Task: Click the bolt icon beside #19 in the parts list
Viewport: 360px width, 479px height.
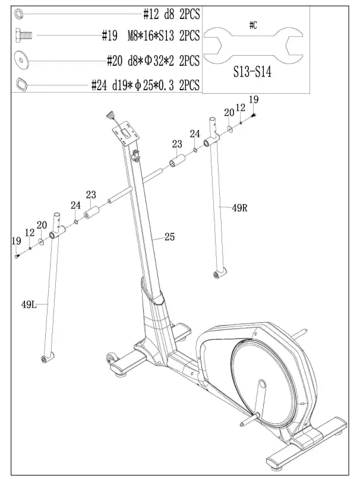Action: click(23, 34)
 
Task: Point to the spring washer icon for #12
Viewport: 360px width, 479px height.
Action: click(19, 14)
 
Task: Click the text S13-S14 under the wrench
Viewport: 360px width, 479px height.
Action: click(252, 72)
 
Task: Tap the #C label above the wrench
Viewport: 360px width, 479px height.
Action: click(253, 25)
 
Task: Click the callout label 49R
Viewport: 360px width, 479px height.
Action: click(239, 208)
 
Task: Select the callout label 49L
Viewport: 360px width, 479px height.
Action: click(29, 304)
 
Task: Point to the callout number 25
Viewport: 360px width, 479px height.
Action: click(169, 236)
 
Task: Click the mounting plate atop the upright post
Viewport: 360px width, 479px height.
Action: click(127, 133)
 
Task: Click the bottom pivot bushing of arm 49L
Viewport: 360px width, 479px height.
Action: click(47, 357)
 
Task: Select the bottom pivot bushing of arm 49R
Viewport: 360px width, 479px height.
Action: click(219, 274)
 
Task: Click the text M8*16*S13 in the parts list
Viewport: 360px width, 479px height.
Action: click(151, 36)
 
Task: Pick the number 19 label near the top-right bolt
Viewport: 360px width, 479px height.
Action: click(253, 100)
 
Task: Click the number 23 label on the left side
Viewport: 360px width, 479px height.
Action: click(91, 195)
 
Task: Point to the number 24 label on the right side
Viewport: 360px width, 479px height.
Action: click(195, 134)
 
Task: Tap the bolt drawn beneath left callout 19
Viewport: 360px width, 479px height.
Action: click(17, 256)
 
